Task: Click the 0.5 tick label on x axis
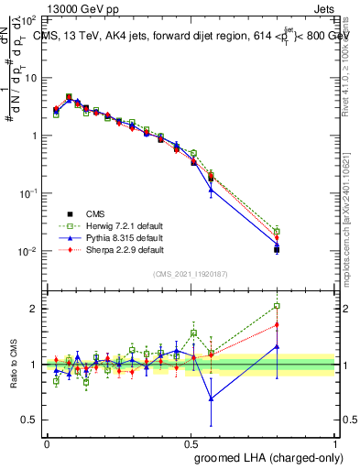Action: pos(191,442)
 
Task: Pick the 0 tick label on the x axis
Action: pos(48,442)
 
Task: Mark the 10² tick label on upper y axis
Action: pos(27,19)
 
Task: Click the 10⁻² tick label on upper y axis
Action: pos(27,251)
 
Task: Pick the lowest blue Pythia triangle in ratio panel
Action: pos(212,398)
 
